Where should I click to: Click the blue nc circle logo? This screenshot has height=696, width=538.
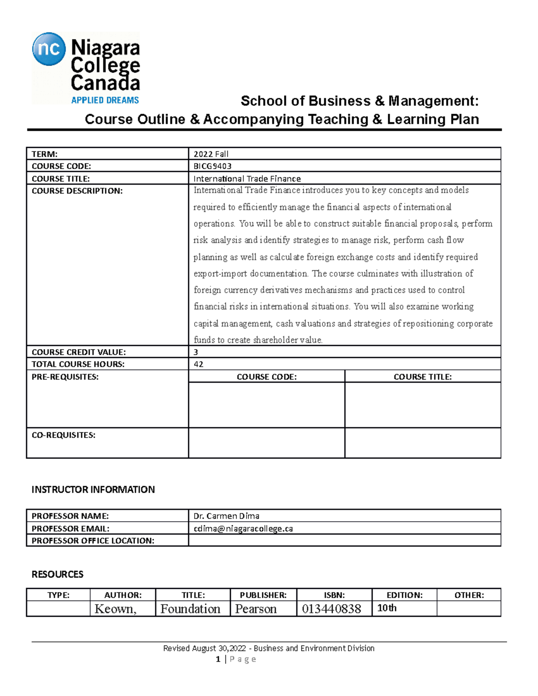click(x=49, y=49)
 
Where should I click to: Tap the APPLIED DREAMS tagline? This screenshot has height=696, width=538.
click(x=105, y=100)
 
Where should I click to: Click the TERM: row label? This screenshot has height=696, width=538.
click(x=44, y=154)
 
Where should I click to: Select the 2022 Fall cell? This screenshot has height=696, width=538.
click(x=211, y=154)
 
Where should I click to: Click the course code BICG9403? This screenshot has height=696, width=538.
click(x=213, y=166)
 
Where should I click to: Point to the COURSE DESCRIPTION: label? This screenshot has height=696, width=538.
click(x=77, y=191)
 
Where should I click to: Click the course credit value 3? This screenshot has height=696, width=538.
click(x=196, y=352)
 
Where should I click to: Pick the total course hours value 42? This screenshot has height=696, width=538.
click(x=198, y=364)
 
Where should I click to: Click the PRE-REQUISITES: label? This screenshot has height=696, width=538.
click(x=65, y=377)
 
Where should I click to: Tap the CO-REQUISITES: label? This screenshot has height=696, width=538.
click(x=63, y=435)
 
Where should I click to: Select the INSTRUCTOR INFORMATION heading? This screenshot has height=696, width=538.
click(x=93, y=489)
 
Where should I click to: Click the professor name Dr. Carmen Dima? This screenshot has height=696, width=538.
click(x=226, y=516)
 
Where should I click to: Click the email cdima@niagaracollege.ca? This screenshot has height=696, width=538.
click(x=243, y=528)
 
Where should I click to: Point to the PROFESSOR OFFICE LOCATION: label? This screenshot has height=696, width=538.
click(x=93, y=541)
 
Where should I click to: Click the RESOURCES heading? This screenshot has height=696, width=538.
click(x=57, y=575)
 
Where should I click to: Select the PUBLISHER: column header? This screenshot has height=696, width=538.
click(x=263, y=595)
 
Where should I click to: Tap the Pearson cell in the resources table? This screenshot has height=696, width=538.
click(x=256, y=609)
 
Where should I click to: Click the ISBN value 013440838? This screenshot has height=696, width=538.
click(x=331, y=609)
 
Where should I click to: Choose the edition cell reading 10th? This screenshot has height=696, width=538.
click(x=387, y=608)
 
